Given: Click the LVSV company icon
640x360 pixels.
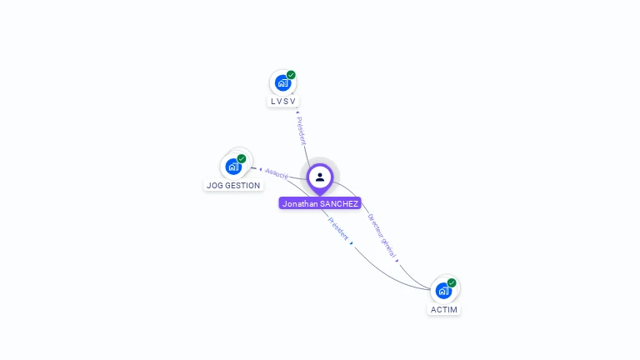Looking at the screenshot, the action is click(282, 83).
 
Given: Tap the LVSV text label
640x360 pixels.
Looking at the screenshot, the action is click(283, 101).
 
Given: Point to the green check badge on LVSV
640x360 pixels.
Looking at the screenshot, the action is click(291, 75).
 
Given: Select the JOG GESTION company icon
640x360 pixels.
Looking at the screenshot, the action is click(233, 166).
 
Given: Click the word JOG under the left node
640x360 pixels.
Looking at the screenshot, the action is click(214, 185).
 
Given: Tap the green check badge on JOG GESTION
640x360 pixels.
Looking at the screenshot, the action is click(242, 158).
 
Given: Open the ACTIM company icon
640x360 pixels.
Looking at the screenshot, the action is click(443, 290).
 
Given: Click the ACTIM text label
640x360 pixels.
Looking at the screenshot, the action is click(444, 309).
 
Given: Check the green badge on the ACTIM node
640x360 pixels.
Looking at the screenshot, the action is click(452, 282).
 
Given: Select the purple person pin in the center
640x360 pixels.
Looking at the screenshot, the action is click(320, 177).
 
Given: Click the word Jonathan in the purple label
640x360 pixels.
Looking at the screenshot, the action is click(302, 203).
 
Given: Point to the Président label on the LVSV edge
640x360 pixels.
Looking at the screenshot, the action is click(302, 130).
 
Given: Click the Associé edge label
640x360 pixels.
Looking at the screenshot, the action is click(277, 173).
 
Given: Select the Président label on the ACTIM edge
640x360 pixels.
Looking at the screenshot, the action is click(337, 229).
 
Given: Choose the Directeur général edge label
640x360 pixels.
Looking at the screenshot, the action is click(382, 233).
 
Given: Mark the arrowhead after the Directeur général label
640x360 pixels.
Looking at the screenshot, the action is click(397, 260).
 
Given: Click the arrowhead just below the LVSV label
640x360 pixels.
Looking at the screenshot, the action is click(297, 111).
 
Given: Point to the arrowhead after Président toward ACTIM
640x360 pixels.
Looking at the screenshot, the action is click(352, 243).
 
